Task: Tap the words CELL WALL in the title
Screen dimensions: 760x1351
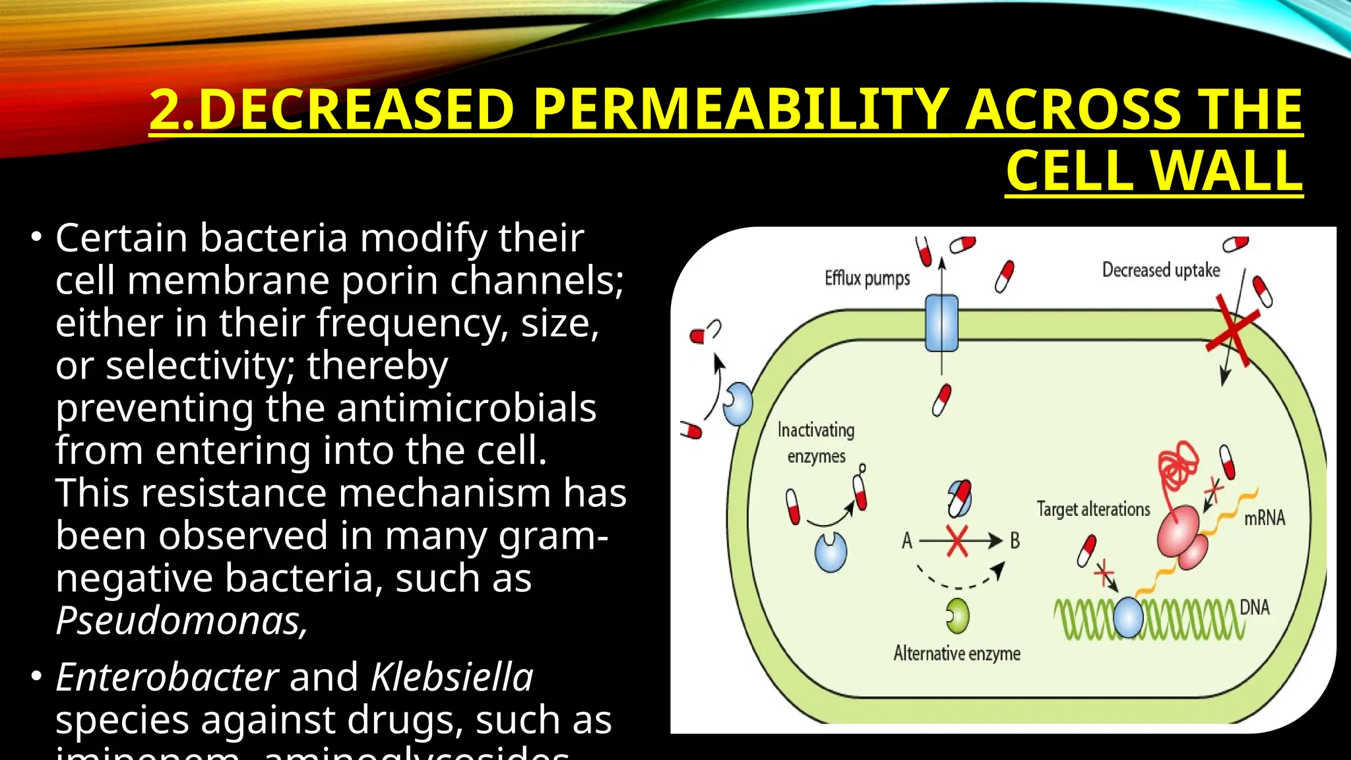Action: coord(1154,171)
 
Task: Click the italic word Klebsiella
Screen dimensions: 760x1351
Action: coord(452,678)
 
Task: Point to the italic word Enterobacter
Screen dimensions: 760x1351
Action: coord(167,678)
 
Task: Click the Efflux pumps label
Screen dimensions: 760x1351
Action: coord(867,278)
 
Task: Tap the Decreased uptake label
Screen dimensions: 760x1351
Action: coord(1160,270)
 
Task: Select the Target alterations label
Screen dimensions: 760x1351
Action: coord(1093,509)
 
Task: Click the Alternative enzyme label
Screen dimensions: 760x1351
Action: coord(957,654)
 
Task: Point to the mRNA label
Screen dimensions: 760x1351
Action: coord(1264,518)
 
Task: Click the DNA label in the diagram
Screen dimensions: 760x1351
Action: coord(1254,607)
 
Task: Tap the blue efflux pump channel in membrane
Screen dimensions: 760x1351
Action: coord(941,323)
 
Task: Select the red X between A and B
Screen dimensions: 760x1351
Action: coord(957,541)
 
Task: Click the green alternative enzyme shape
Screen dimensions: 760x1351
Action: coord(958,616)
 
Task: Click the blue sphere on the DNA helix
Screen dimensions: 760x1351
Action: coord(1128,617)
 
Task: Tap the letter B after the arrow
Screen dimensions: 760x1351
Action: coord(1015,541)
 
